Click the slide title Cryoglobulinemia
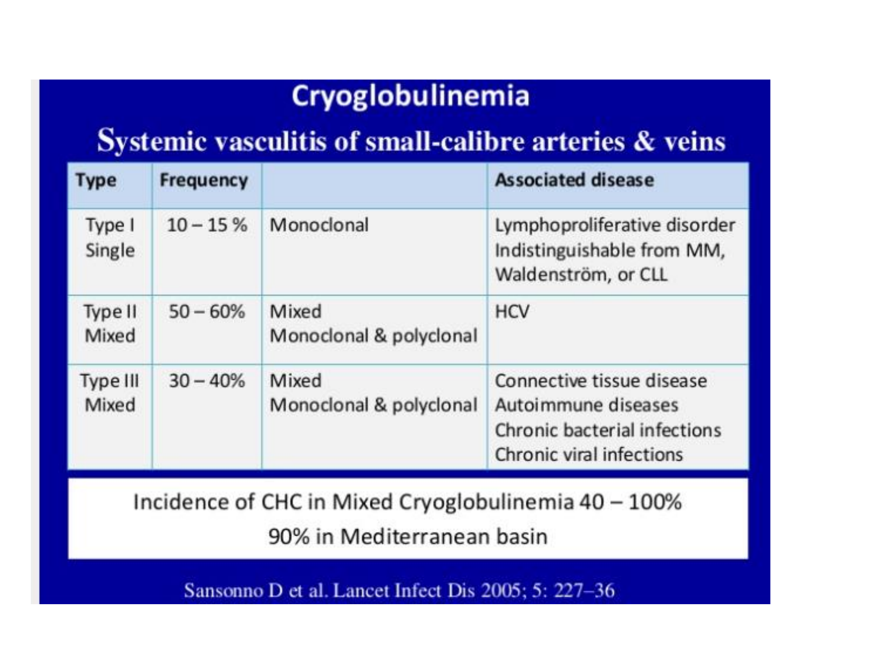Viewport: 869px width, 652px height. pos(411,96)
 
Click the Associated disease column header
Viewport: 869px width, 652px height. pos(574,180)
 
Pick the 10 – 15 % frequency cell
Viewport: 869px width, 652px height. pos(207,225)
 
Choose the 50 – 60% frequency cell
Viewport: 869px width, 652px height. pos(207,312)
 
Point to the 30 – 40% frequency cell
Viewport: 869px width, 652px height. pos(207,381)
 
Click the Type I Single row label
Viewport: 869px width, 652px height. pos(110,238)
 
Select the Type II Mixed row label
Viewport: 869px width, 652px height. pos(110,324)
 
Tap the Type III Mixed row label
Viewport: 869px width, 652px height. pos(109,393)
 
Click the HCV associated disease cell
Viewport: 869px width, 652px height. pos(512,312)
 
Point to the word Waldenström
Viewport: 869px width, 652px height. pos(550,275)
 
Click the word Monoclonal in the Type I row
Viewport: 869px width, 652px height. pos(319,225)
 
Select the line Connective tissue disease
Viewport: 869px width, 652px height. pos(601,381)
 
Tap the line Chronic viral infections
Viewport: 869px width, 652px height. pos(589,455)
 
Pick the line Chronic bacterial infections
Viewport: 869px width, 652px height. pos(608,430)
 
